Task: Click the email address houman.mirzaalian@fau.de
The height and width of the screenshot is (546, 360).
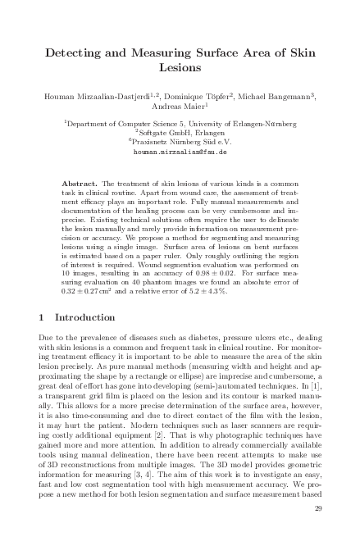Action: (x=179, y=152)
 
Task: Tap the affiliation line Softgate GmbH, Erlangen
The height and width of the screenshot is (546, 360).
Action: (x=181, y=132)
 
